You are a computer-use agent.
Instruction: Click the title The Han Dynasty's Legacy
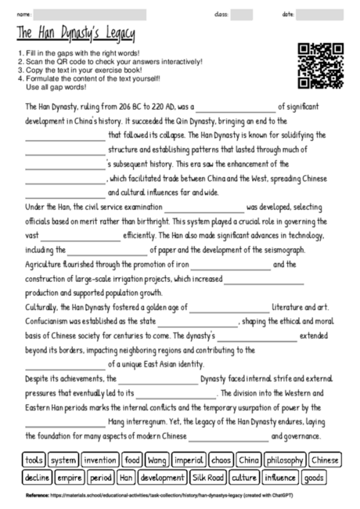click(74, 34)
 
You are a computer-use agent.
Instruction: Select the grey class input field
click(242, 14)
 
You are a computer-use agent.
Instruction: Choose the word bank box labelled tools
click(34, 460)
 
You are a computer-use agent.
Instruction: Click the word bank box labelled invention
click(99, 460)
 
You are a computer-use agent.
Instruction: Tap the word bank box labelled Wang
click(157, 460)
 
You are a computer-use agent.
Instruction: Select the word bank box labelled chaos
click(221, 460)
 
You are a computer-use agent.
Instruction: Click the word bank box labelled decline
click(36, 476)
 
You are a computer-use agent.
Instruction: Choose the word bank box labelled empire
click(70, 476)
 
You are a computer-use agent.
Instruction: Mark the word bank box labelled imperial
click(189, 460)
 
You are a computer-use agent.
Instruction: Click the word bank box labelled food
click(131, 460)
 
